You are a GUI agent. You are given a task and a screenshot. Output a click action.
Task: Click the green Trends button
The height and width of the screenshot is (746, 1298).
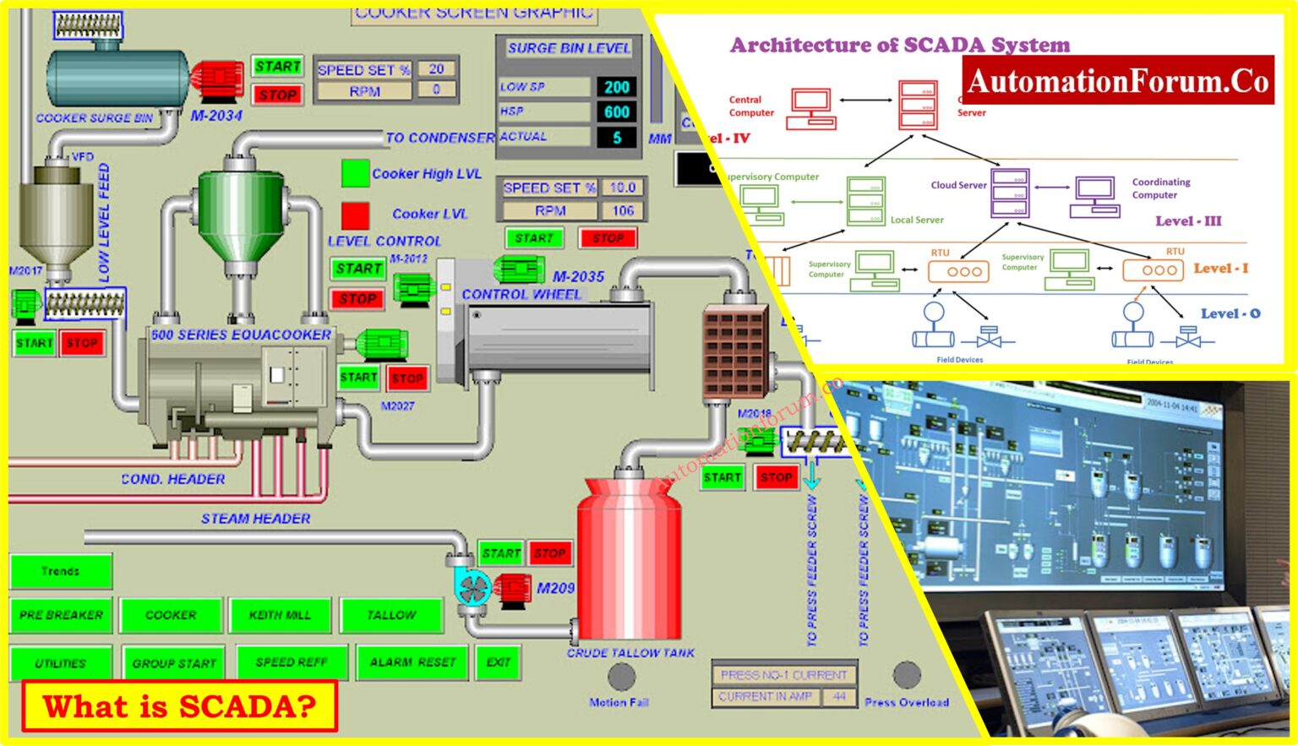coord(61,572)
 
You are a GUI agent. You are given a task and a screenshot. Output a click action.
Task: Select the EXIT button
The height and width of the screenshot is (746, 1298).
coord(498,662)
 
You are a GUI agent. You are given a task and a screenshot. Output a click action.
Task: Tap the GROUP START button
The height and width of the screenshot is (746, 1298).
coord(174,663)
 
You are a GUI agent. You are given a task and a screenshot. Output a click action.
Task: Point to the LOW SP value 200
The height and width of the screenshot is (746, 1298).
coord(616,87)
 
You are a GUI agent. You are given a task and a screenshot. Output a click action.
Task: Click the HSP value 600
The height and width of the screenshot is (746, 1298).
coord(616,112)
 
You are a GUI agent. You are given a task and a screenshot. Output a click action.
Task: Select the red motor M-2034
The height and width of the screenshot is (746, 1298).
coord(217,79)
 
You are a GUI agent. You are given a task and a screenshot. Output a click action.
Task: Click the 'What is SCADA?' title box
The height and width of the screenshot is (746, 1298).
coord(179,705)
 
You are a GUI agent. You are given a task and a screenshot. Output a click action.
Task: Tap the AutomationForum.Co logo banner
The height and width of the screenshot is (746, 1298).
coord(1117,81)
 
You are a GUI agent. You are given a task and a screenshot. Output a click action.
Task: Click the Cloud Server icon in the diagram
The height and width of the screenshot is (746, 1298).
coord(1009,193)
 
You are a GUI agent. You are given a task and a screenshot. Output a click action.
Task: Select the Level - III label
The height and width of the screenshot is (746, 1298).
coord(1188,221)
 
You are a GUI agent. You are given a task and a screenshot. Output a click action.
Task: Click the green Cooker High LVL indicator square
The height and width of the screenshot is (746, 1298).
coord(355,173)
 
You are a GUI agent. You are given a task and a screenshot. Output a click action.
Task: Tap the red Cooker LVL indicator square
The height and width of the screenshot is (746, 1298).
coord(355,215)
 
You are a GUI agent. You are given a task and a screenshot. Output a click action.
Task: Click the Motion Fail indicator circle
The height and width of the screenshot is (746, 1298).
coord(621,677)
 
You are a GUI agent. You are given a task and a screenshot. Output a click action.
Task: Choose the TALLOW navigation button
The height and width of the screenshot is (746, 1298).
coord(391,615)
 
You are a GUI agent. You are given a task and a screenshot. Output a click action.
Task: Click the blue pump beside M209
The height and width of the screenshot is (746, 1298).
coord(472,588)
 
